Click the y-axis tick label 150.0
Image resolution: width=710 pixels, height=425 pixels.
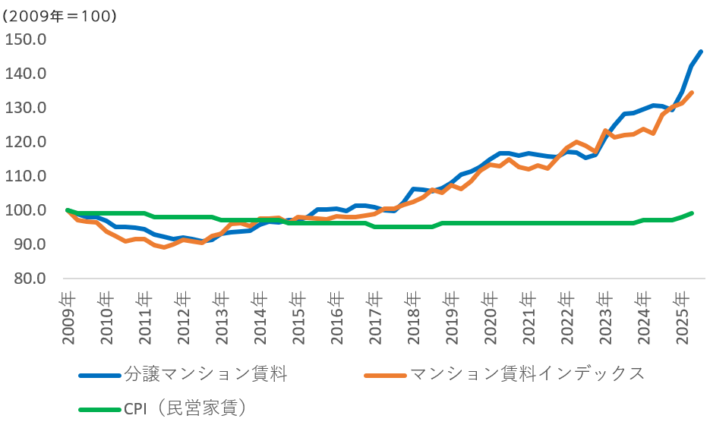coord(26,39)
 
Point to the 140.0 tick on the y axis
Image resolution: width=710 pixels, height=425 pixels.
coord(26,74)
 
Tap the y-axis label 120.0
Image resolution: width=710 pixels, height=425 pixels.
coord(26,142)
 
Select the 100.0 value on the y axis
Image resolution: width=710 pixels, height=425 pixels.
coord(26,210)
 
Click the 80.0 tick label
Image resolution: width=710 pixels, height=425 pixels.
coord(30,279)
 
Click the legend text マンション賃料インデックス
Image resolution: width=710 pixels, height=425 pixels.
coord(526,374)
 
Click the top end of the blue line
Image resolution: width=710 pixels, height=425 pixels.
coord(700,52)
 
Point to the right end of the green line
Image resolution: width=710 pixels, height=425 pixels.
coord(692,213)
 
